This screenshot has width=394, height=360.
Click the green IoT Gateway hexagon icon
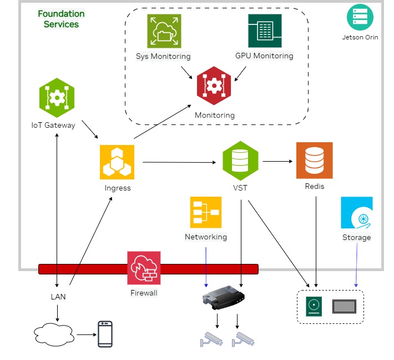[57, 98]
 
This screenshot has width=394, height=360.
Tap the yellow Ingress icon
[117, 162]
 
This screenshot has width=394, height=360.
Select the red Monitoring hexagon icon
[214, 86]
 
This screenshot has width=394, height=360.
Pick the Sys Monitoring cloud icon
[164, 31]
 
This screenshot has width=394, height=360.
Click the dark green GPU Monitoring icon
[264, 31]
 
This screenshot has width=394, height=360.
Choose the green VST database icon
[240, 160]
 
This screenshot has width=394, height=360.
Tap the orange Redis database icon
[314, 160]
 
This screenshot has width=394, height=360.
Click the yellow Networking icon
[205, 212]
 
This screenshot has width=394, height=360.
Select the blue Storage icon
[356, 213]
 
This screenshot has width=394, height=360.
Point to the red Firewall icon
[144, 268]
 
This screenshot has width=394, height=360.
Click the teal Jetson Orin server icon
[360, 17]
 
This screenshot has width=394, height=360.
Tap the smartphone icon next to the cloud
[105, 334]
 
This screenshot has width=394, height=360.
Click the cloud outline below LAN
[54, 334]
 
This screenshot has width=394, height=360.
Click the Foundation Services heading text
[61, 19]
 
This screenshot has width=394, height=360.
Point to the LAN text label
[58, 297]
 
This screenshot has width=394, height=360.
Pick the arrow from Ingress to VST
[179, 163]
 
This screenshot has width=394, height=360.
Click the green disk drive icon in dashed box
[314, 306]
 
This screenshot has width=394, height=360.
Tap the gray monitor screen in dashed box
[344, 306]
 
